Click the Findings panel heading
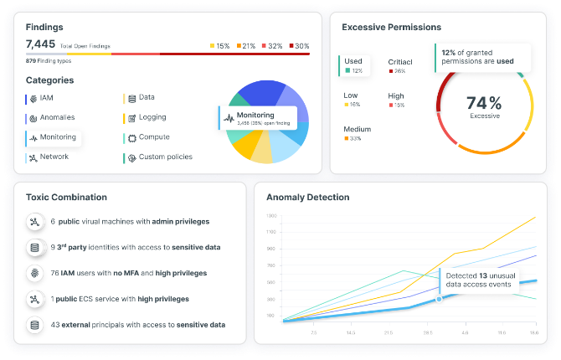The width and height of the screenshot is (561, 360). [44, 27]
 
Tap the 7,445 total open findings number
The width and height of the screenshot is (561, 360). [39, 44]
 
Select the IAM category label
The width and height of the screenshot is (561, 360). [46, 98]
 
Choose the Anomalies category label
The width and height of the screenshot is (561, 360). [58, 118]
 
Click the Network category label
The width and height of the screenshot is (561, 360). [54, 157]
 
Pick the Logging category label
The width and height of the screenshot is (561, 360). [152, 118]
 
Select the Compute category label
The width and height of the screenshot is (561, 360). [154, 137]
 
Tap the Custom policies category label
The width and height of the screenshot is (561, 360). [165, 157]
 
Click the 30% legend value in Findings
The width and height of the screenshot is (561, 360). [301, 45]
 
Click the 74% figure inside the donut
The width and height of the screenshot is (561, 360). [484, 103]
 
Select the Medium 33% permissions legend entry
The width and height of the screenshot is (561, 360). [357, 133]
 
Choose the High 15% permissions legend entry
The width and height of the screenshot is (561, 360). [396, 100]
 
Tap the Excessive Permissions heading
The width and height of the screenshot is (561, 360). [391, 27]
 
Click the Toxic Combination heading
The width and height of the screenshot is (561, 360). [66, 197]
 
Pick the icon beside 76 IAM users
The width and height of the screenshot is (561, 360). [34, 273]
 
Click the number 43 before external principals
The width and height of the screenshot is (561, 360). [54, 325]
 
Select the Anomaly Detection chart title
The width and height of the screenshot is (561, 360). [308, 197]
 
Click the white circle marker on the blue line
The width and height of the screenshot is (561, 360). [438, 298]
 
